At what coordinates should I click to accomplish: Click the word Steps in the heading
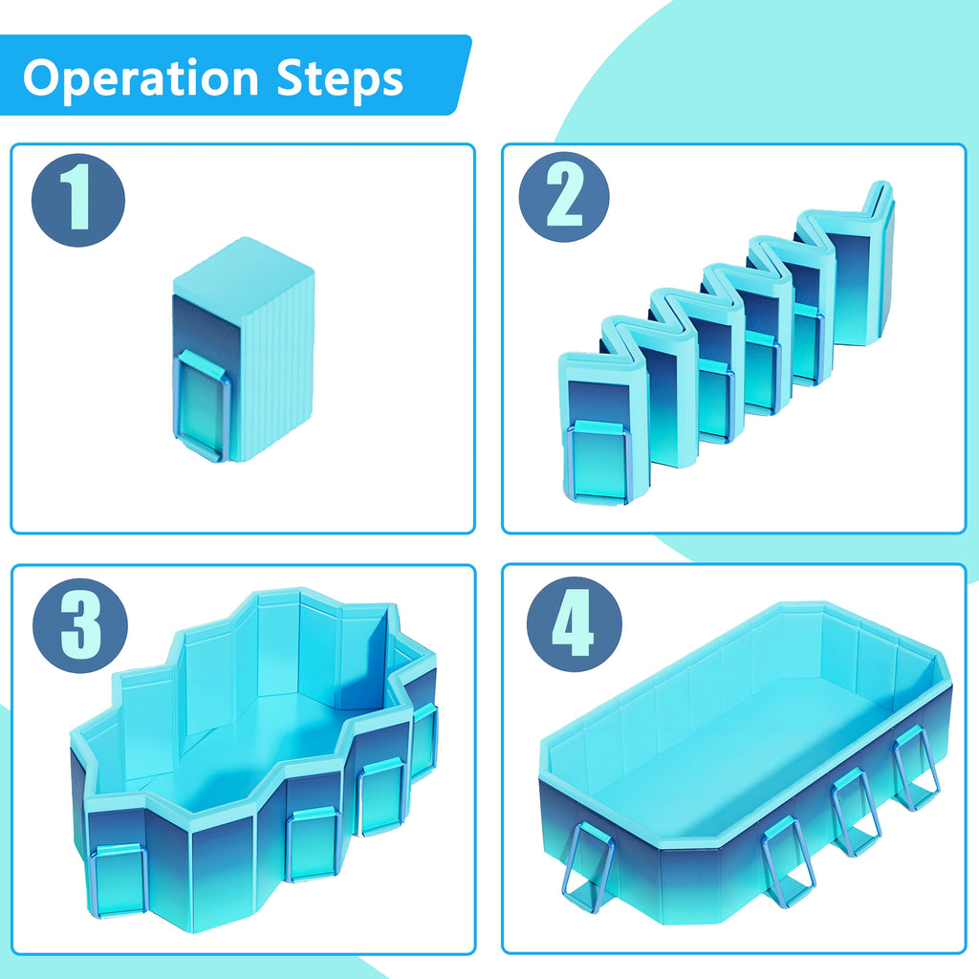339,79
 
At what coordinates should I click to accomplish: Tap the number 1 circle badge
78,200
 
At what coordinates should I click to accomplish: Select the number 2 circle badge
564,197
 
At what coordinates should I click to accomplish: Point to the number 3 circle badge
80,625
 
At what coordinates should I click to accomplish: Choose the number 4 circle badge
575,624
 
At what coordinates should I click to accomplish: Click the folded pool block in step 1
244,350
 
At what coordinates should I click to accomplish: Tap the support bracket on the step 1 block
202,405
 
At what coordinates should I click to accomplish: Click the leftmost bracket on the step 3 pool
119,880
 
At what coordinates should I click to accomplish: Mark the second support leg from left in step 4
788,861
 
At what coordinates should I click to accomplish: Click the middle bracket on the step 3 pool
313,843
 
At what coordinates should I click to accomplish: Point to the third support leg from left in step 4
856,812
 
